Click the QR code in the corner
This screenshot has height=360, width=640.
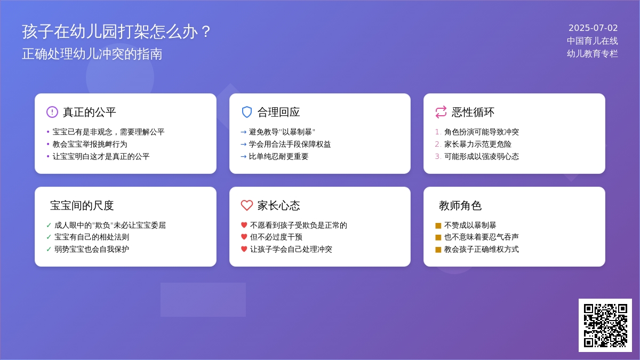[605, 325]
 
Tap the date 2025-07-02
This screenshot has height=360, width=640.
[593, 28]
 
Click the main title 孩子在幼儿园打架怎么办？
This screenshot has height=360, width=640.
[116, 31]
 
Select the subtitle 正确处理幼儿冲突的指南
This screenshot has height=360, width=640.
[92, 54]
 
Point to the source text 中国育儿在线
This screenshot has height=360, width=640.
[593, 41]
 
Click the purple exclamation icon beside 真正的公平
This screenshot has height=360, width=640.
[52, 112]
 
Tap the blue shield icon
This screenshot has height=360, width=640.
[246, 112]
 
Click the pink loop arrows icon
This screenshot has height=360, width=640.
[441, 112]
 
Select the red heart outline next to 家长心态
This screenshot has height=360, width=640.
[246, 205]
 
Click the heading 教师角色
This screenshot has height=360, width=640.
[460, 205]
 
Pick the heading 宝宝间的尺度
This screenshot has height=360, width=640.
[82, 205]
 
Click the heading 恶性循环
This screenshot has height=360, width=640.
[473, 112]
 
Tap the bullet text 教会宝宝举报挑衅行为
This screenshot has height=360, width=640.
[90, 145]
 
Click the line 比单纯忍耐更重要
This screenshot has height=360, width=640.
[278, 157]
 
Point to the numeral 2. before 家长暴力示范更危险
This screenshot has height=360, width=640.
[438, 145]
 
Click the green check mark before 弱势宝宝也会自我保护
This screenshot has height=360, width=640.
[49, 249]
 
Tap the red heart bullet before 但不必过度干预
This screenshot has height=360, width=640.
[244, 237]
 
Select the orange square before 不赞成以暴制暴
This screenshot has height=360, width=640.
[438, 226]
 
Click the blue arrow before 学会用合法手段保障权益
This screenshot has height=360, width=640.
[243, 145]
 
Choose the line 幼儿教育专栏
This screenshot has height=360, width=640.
[593, 54]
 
